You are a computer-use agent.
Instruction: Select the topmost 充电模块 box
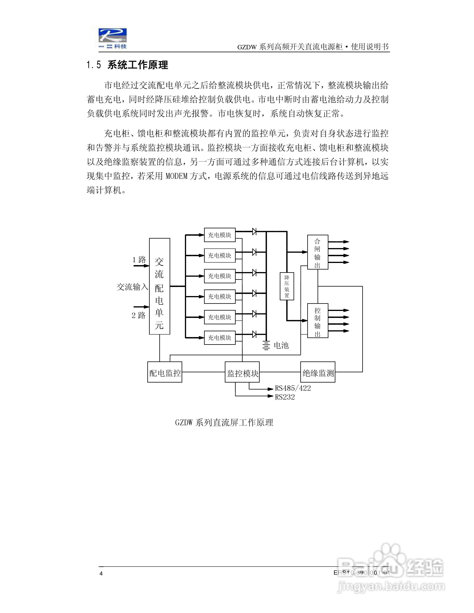220,235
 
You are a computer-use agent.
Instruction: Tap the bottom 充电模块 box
220,338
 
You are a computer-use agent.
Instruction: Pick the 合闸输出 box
318,252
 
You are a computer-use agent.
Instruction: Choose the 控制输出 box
318,321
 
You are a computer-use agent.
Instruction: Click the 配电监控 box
165,372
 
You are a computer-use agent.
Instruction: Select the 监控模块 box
242,372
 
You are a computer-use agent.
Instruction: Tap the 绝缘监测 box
318,372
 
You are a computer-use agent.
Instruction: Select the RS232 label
285,397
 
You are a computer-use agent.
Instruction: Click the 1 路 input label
139,260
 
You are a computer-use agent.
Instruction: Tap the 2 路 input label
139,315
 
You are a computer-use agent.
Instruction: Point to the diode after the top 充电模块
255,232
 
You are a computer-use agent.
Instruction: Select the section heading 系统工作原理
138,65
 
